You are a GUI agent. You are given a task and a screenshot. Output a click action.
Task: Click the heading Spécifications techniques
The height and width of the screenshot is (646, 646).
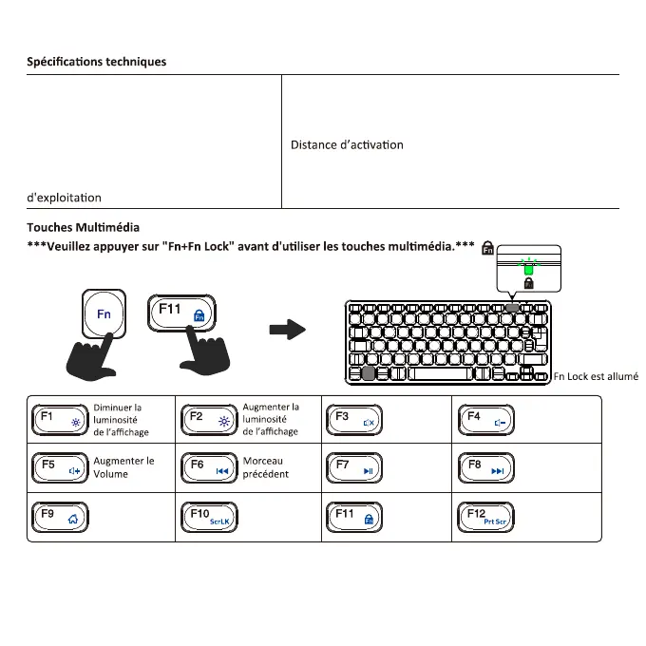click(x=96, y=62)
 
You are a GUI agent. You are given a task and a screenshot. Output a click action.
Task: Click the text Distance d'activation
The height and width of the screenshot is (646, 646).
click(x=347, y=144)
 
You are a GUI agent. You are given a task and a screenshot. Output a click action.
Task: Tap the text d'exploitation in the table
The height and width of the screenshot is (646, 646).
click(x=65, y=198)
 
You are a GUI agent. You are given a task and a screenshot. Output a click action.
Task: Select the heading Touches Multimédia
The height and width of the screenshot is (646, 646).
click(x=83, y=227)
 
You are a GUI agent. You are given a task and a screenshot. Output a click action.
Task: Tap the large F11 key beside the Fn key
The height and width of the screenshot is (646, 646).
click(x=183, y=313)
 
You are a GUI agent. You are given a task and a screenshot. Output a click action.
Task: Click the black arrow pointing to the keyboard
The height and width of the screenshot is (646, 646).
click(x=288, y=331)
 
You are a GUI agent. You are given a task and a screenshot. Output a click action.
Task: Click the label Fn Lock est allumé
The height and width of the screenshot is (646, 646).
click(x=595, y=376)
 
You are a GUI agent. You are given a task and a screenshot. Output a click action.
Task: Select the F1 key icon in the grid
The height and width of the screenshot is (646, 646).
click(x=59, y=419)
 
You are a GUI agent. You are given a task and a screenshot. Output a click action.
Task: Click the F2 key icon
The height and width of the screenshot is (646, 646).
click(x=208, y=419)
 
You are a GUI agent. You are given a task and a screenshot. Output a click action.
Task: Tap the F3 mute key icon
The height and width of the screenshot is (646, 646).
click(x=354, y=419)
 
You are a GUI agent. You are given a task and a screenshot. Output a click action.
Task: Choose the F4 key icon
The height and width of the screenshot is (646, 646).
click(x=486, y=419)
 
